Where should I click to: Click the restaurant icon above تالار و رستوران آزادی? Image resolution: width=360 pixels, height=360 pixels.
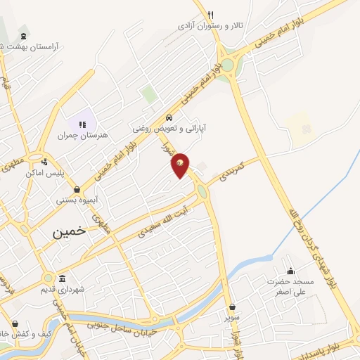tap(210, 14)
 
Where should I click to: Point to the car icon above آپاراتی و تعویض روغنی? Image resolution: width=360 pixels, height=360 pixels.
tap(169, 117)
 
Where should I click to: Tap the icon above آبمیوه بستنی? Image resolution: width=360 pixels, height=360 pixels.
tap(77, 189)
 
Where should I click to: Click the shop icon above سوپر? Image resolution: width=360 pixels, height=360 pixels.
tap(232, 307)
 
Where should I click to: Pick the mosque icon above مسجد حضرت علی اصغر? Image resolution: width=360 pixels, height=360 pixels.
tap(290, 271)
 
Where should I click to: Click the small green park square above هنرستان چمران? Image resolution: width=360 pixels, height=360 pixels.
tap(148, 94)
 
